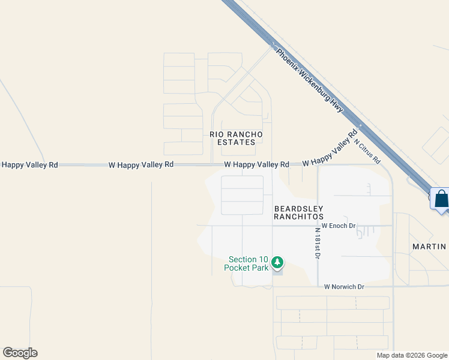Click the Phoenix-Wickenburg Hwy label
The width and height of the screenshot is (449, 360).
click(x=310, y=80)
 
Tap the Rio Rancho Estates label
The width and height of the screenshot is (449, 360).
click(x=236, y=138)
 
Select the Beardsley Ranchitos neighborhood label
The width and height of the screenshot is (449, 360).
click(x=298, y=212)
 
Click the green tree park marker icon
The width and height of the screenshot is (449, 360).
click(x=277, y=262)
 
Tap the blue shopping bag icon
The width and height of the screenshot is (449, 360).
click(x=441, y=199)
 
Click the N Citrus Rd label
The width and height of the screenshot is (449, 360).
click(x=367, y=152)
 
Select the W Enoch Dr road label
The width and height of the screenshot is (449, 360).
click(x=339, y=226)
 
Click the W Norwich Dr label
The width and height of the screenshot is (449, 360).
click(x=344, y=287)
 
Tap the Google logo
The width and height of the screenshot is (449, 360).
click(x=20, y=353)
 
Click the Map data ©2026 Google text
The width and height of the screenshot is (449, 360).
click(x=412, y=355)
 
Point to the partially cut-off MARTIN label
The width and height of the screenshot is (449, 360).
click(x=429, y=247)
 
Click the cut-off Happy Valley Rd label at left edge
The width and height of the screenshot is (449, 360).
click(x=29, y=164)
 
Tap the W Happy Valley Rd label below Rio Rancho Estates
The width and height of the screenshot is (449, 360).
click(x=256, y=164)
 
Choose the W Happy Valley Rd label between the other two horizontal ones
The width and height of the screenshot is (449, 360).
click(x=141, y=164)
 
